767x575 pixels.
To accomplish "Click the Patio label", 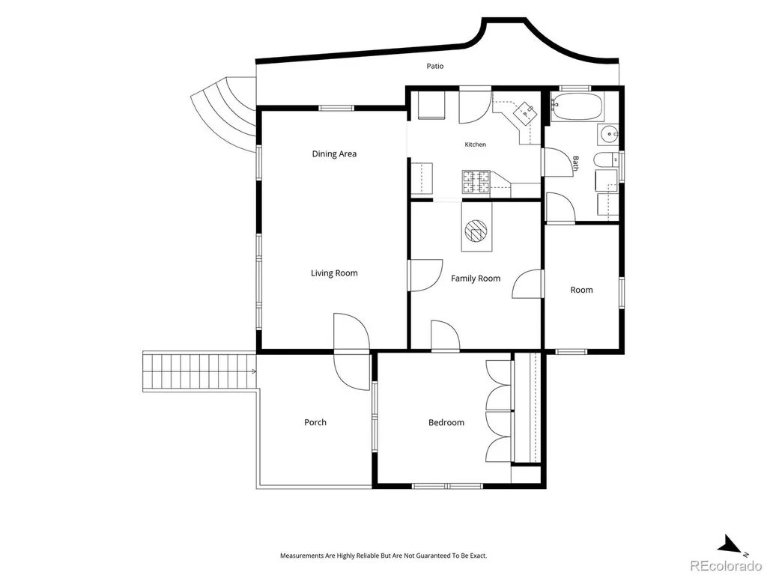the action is point(435,66).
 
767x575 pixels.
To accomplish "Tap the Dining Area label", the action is point(334,154).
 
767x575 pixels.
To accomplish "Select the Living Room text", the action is point(334,273).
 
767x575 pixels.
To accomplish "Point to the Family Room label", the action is point(476,279).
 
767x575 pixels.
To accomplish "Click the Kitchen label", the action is point(476,144).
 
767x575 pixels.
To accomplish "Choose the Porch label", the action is point(315,422).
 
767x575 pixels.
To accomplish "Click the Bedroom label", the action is point(446,422).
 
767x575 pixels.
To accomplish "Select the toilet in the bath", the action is point(605,160).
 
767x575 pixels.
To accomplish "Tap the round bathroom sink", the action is point(608,133).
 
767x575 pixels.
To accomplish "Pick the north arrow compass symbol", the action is point(735,546).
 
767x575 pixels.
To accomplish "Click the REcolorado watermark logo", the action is point(727,565).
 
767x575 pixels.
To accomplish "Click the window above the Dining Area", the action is point(336,108).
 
